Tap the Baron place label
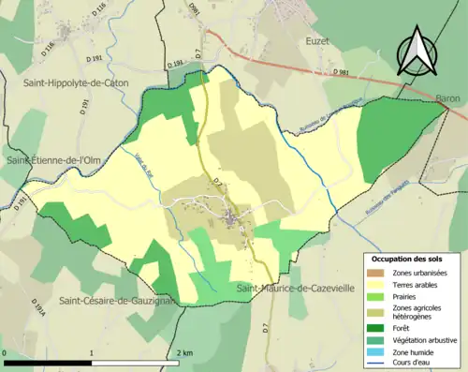(x=447, y=97)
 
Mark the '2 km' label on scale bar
(x=185, y=352)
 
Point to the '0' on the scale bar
(x=5, y=352)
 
